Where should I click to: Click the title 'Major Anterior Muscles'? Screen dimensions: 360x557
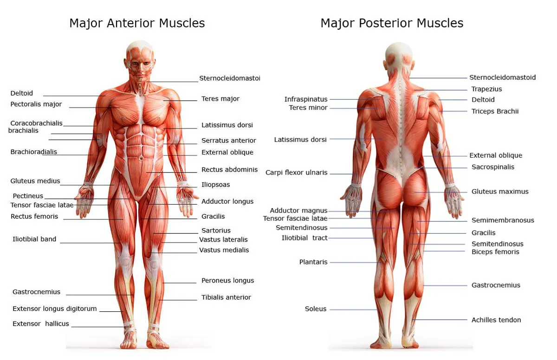pos(137,23)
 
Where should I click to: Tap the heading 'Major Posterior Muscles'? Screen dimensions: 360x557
pos(392,23)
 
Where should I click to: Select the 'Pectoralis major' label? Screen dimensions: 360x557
pos(36,104)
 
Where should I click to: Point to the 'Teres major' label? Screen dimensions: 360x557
pos(220,99)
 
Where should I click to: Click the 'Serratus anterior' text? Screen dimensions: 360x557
pos(229,141)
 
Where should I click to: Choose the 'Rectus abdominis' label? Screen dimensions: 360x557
pos(229,170)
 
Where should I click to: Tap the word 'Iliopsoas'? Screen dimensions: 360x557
pos(216,185)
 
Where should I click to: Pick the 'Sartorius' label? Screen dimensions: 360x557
pos(216,231)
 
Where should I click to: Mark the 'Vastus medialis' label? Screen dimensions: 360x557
pos(224,250)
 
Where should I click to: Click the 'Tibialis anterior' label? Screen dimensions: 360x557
pos(226,297)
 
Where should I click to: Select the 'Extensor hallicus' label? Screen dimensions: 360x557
pos(41,324)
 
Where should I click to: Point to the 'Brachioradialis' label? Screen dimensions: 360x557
pos(34,152)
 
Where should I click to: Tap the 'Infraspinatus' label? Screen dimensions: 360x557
pos(306,99)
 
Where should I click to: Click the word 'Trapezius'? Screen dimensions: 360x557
pos(486,89)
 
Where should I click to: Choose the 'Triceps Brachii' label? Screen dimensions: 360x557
pos(495,111)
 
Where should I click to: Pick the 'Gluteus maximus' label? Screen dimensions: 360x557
pos(500,192)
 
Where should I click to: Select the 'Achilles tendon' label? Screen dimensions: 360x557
pos(496,320)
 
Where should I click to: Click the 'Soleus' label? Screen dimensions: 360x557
pos(316,309)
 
